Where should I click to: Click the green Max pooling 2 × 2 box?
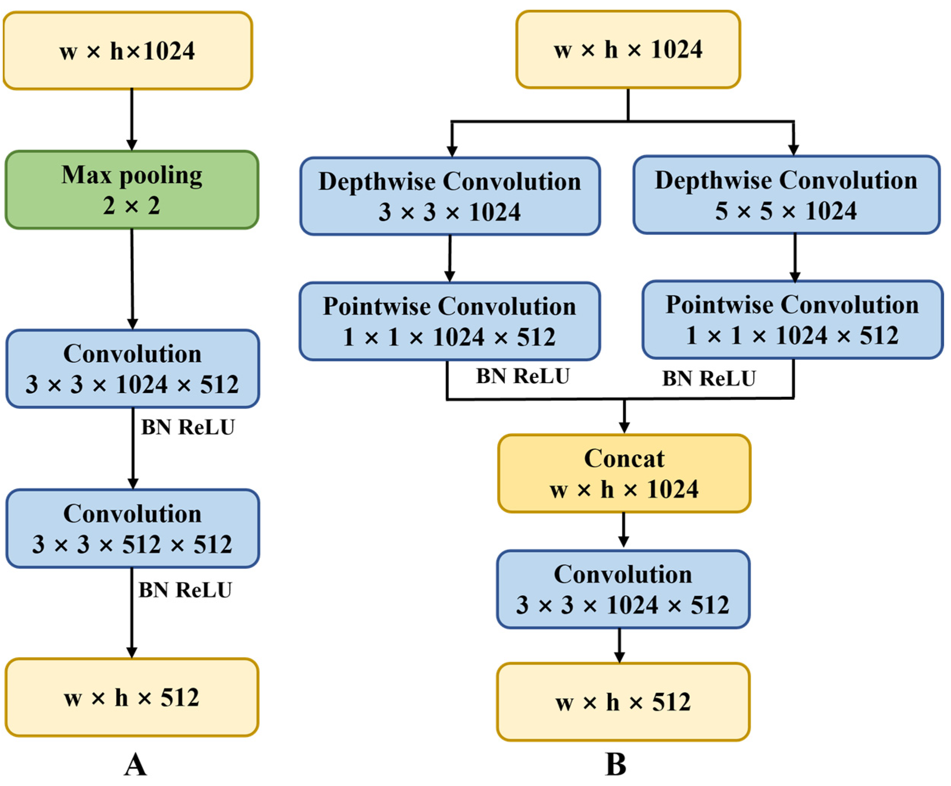(x=132, y=190)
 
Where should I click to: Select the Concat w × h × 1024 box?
(x=624, y=473)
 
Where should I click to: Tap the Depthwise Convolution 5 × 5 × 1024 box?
(x=786, y=195)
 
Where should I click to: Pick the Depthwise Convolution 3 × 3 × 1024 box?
(x=449, y=196)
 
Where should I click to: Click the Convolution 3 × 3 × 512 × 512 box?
(x=133, y=529)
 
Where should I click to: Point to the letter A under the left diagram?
(x=135, y=765)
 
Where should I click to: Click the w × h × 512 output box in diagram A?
(x=132, y=697)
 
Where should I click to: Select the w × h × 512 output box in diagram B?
(x=623, y=702)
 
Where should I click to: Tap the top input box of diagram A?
(x=128, y=50)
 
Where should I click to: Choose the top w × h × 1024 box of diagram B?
(x=628, y=49)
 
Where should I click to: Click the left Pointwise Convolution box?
(x=449, y=321)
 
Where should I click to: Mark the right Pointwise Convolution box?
(x=792, y=320)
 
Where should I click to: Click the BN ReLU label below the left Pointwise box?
(x=523, y=376)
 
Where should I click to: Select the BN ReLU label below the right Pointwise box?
(x=709, y=379)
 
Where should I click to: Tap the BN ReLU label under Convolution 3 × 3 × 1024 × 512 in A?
(x=188, y=427)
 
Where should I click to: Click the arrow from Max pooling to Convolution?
(x=132, y=278)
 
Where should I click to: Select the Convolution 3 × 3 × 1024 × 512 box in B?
(x=623, y=589)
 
